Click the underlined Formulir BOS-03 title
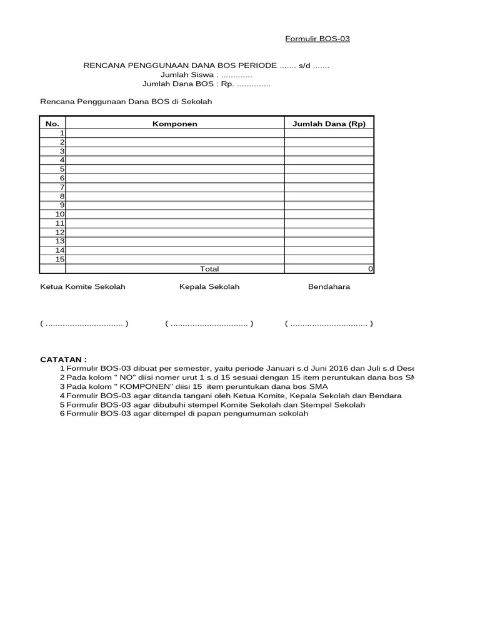coord(317,39)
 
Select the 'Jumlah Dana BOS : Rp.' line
coord(206,84)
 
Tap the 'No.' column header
coord(52,124)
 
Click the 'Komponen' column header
coord(175,124)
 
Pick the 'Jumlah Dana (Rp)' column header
coord(329,124)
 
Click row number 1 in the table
coord(62,133)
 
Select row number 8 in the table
coord(62,196)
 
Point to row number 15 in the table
coord(60,259)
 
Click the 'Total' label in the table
coord(209,269)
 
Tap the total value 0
coord(371,269)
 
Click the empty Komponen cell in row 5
coord(175,169)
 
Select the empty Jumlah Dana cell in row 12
coord(329,232)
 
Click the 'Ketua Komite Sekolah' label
coord(82,286)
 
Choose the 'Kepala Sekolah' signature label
coord(209,286)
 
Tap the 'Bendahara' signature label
coord(329,286)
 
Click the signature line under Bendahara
coord(329,324)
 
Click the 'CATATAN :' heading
coord(63,360)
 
